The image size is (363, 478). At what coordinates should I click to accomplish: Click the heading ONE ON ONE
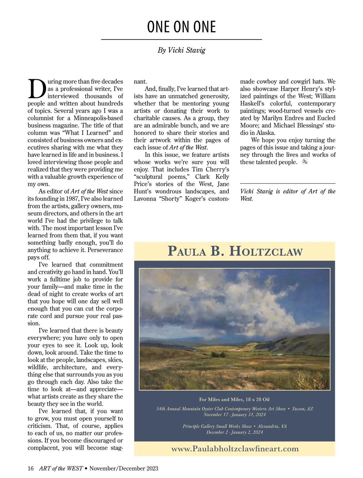(181, 27)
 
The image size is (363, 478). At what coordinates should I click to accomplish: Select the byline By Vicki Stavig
(181, 50)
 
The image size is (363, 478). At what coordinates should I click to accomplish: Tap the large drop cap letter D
(37, 89)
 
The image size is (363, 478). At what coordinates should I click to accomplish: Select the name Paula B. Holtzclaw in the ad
(235, 251)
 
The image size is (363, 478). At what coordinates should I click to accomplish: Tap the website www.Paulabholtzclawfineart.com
(235, 449)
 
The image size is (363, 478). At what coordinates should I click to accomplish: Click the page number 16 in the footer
(31, 469)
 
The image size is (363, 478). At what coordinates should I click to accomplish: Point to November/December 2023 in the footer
(124, 469)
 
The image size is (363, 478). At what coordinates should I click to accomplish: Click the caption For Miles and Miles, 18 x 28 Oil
(234, 399)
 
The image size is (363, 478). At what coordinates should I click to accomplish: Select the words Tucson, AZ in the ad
(302, 409)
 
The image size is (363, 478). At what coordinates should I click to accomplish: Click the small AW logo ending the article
(305, 162)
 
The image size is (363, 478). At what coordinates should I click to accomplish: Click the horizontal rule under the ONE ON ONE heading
(181, 40)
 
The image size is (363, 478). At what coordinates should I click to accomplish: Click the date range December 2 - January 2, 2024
(235, 432)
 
